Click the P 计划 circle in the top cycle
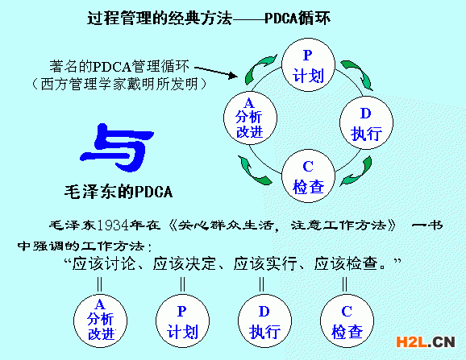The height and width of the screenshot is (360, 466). (x=307, y=66)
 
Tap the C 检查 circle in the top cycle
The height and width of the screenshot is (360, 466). (x=307, y=176)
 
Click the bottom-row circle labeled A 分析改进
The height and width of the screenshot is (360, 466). (x=101, y=318)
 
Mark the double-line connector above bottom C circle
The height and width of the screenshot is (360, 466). (x=344, y=283)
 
